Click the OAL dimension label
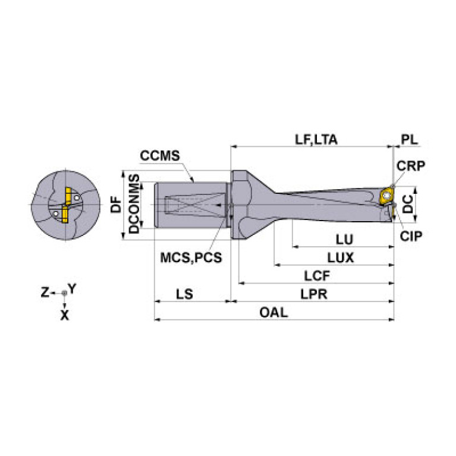(273, 312)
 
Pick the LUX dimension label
(341, 258)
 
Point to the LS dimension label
(184, 294)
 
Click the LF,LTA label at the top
(316, 140)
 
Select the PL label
(410, 140)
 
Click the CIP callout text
(411, 236)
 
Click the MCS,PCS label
(191, 258)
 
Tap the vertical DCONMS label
(134, 205)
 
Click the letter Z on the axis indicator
(45, 293)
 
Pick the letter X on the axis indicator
(64, 316)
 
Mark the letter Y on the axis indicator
(72, 289)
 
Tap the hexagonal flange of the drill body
(239, 205)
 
